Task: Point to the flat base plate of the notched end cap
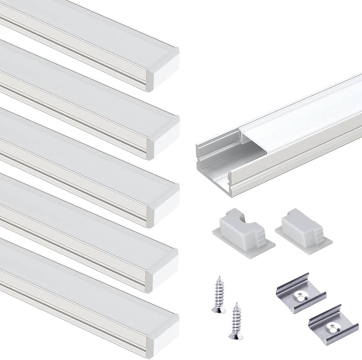[x=243, y=243]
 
